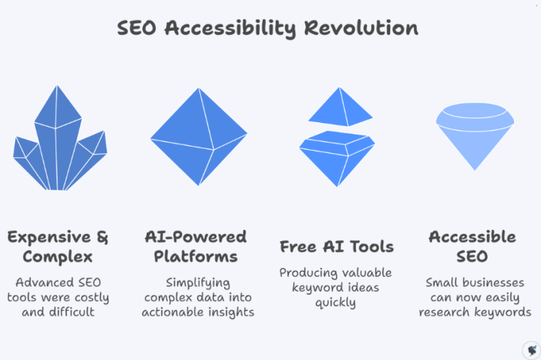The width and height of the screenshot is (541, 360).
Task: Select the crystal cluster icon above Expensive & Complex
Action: coord(60,142)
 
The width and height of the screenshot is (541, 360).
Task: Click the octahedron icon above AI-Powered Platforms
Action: coord(199,137)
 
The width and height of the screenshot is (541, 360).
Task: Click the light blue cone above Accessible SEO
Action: coord(473,135)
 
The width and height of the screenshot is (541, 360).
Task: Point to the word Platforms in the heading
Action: coord(195,255)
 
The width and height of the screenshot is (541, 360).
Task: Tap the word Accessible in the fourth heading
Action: coord(472,236)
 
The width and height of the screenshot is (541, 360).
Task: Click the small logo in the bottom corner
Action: coord(530,350)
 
